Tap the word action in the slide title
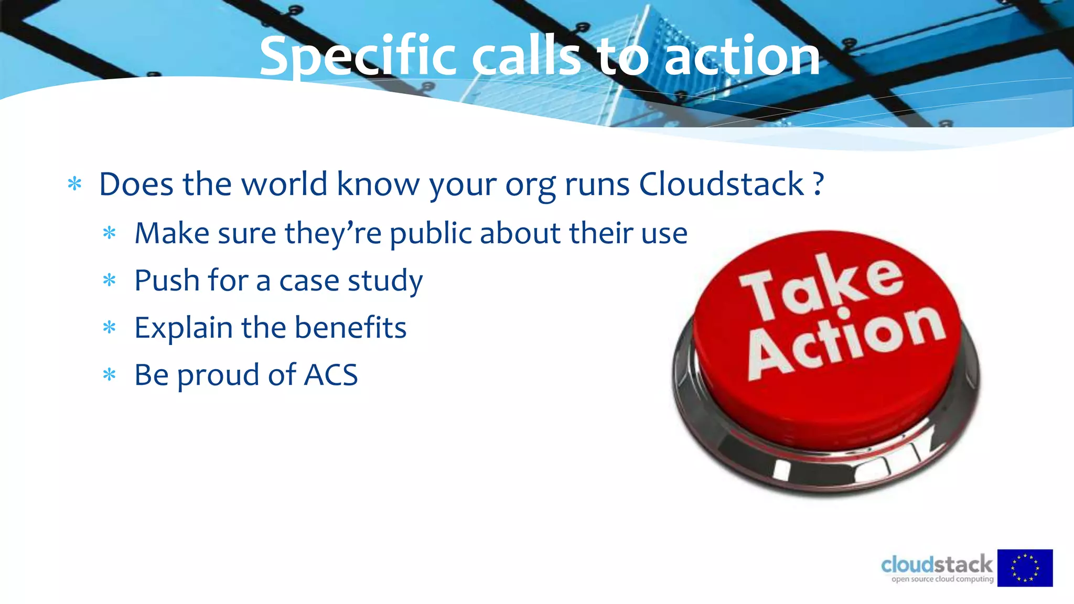tap(742, 57)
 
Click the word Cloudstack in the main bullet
tap(722, 184)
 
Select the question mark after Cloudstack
tap(818, 184)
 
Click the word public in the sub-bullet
tap(431, 233)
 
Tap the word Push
tap(167, 280)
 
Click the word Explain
tap(184, 328)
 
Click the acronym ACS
tap(331, 375)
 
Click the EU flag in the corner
tap(1025, 568)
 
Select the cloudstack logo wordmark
tap(937, 565)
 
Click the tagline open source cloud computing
tap(942, 579)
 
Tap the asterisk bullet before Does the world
tap(74, 184)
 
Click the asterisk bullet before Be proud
tap(109, 375)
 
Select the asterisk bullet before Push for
tap(109, 280)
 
